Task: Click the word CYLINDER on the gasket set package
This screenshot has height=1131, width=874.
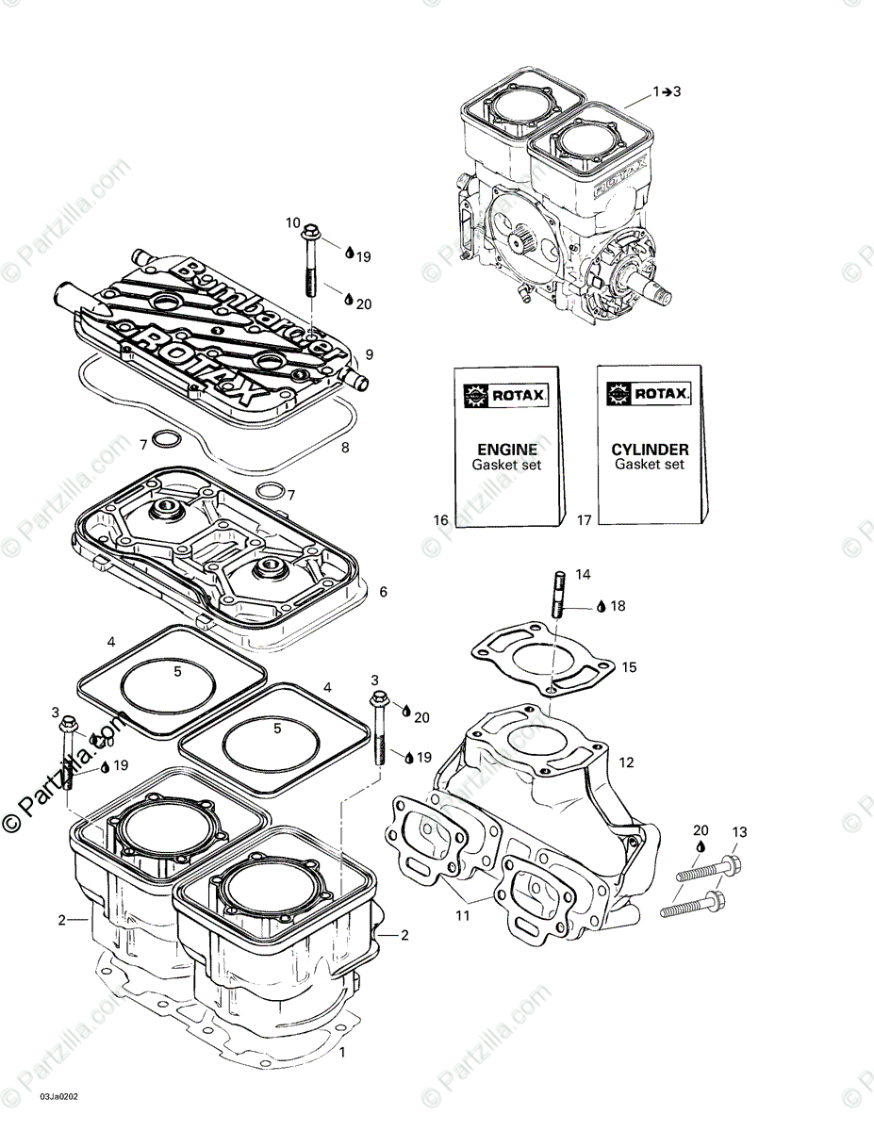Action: click(x=651, y=450)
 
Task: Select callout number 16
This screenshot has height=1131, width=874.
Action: click(x=440, y=520)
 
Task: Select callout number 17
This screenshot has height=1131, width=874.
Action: click(x=585, y=520)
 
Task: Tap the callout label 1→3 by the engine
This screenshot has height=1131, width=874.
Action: click(x=667, y=91)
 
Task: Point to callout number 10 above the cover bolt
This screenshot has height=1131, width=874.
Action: click(x=293, y=222)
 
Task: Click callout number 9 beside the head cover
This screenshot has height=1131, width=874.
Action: click(x=370, y=354)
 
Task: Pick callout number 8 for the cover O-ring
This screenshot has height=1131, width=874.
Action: click(x=345, y=448)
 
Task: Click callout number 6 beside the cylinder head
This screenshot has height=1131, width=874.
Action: click(x=383, y=592)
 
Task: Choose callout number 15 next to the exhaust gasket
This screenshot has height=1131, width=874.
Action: click(x=629, y=667)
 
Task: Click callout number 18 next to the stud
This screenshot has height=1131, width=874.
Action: click(x=618, y=606)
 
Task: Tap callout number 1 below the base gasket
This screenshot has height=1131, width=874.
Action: click(x=343, y=1052)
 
